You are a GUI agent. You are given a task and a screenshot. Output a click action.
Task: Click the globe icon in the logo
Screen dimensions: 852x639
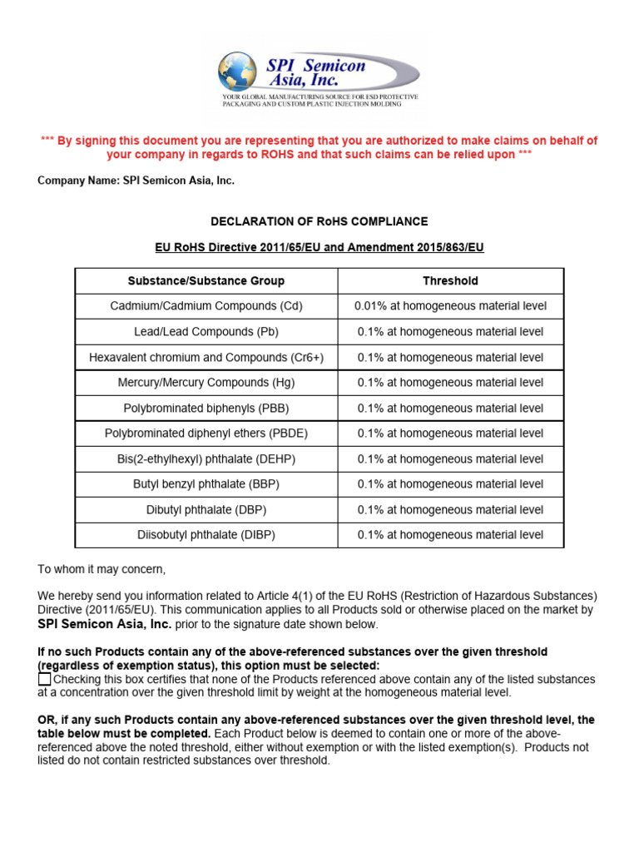[237, 71]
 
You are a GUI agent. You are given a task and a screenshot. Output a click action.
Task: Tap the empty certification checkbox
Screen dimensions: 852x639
[45, 680]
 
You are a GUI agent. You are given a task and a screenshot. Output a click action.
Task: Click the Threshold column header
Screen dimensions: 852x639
[450, 281]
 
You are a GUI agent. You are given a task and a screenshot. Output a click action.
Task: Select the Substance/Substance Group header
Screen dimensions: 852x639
[206, 281]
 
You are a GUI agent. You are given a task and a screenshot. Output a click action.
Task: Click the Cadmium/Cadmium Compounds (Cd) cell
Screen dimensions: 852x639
[206, 306]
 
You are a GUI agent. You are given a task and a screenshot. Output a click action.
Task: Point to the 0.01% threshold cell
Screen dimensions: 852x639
[450, 306]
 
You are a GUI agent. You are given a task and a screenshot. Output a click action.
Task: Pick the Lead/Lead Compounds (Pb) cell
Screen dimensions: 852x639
[206, 332]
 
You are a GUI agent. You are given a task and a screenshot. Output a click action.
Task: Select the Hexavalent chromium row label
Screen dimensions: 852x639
[206, 357]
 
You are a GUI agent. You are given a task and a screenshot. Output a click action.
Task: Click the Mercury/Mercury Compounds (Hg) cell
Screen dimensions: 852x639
[206, 383]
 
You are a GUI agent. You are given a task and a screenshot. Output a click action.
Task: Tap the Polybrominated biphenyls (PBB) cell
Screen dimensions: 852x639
[206, 409]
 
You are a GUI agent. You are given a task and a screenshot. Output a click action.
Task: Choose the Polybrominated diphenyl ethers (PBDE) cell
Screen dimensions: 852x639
[206, 433]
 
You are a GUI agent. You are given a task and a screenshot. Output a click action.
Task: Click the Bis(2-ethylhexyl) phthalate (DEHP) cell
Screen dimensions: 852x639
[206, 459]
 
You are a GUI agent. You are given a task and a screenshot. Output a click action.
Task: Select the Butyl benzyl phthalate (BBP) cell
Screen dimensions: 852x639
[206, 484]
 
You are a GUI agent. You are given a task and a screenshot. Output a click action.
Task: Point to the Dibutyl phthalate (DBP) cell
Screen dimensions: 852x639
[206, 510]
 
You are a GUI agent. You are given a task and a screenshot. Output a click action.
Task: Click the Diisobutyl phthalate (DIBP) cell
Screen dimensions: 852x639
[206, 535]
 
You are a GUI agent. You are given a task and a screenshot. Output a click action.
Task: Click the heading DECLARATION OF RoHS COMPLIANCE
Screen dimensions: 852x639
[319, 221]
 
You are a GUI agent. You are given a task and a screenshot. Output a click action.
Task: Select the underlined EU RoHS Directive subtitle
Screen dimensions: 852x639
[319, 247]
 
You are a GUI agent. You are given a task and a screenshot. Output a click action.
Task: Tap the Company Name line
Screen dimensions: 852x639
[136, 181]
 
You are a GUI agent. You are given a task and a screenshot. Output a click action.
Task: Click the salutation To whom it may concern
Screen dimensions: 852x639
[102, 569]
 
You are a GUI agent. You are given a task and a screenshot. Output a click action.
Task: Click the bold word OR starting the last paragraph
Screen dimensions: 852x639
[47, 720]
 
